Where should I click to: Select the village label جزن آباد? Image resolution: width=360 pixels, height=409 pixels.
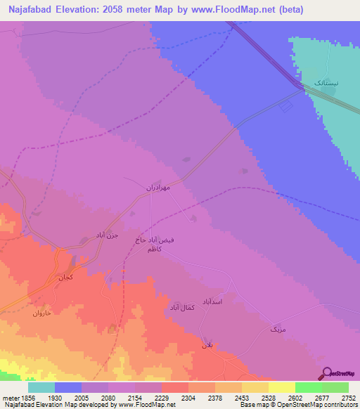(x=110, y=235)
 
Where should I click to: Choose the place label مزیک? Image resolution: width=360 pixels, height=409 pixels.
(x=278, y=329)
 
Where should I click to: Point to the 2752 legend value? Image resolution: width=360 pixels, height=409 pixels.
(x=347, y=398)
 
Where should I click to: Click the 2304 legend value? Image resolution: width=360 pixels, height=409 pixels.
(x=188, y=398)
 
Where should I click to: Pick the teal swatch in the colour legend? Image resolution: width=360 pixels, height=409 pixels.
(x=41, y=387)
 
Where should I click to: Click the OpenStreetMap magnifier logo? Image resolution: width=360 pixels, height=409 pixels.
(x=326, y=375)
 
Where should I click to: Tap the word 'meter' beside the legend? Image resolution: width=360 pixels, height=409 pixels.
(x=10, y=398)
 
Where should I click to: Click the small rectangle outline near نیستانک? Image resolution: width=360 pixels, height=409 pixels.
(x=285, y=107)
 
